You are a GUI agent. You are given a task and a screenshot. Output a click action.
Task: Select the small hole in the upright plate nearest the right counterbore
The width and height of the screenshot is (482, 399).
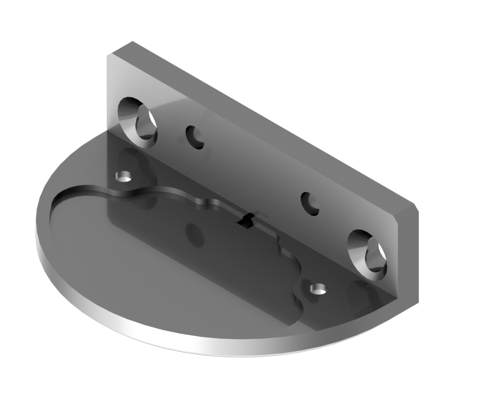[310, 203]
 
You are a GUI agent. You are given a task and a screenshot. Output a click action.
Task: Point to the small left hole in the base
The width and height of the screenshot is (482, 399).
[124, 177]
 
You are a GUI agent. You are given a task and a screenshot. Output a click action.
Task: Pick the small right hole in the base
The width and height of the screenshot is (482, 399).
[318, 288]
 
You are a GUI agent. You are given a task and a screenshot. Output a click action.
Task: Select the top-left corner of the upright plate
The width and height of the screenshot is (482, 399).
[109, 56]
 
